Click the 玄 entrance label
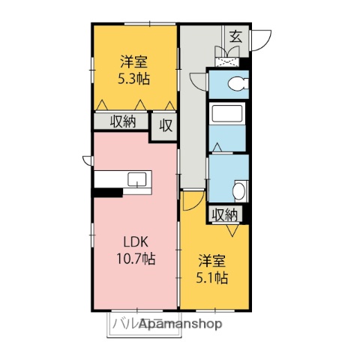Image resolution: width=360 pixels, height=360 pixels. tap(235, 35)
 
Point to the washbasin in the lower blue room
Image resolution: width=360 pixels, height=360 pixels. tap(238, 190)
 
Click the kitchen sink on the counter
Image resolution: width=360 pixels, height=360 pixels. tap(137, 178)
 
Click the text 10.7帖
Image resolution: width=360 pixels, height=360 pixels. tap(135, 259)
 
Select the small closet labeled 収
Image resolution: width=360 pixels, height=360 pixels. tap(165, 125)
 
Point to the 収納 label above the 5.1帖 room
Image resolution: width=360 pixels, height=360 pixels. tap(225, 215)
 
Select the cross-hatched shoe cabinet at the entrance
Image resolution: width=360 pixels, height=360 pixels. tap(227, 52)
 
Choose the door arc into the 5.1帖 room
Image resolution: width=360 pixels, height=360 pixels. tap(189, 200)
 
